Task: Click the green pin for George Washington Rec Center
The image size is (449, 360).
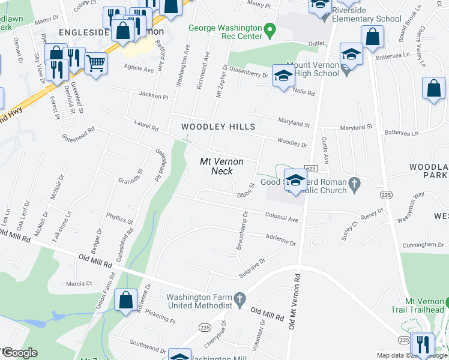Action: [x=270, y=29]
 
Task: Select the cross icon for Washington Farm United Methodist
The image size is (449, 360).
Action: [x=240, y=298]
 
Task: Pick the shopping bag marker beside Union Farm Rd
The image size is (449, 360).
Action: [x=126, y=301]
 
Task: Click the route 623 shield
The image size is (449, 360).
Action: [x=310, y=169]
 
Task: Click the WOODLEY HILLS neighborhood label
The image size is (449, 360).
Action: [x=218, y=127]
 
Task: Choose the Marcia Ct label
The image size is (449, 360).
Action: [x=79, y=283]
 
